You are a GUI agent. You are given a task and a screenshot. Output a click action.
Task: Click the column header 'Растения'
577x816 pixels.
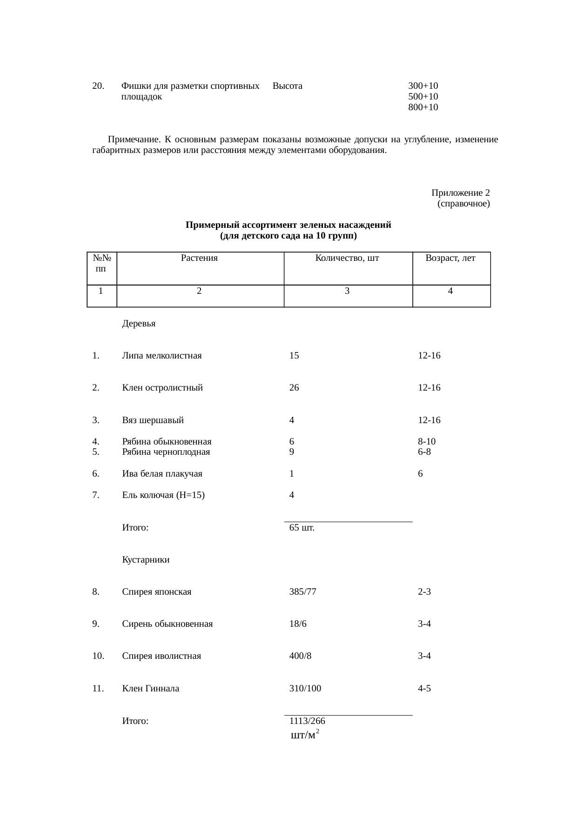[199, 258]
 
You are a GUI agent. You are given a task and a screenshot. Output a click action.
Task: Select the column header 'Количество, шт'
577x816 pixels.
[347, 258]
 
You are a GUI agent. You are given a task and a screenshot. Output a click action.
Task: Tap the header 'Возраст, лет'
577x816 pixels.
[450, 258]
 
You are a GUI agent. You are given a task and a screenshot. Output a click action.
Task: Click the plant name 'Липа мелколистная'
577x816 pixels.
[162, 356]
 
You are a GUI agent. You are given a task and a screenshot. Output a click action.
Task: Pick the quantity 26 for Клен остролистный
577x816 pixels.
[294, 387]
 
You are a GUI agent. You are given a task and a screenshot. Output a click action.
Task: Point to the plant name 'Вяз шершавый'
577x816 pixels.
[153, 420]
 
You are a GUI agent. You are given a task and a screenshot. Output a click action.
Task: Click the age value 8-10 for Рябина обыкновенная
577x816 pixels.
[427, 441]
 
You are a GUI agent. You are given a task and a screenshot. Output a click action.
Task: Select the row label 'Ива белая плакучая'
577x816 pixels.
[162, 474]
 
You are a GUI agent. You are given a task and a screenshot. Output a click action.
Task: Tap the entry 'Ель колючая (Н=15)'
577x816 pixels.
[163, 495]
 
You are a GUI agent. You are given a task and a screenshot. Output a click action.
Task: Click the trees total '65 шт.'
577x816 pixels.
[302, 528]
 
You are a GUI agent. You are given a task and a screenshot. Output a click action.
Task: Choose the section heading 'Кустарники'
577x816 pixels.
[146, 560]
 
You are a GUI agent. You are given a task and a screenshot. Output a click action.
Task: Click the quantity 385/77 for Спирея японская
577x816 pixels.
[302, 592]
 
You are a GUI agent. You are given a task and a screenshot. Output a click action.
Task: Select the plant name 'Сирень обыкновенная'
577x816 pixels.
[167, 624]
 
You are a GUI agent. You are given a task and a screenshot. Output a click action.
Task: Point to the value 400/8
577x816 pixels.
[300, 656]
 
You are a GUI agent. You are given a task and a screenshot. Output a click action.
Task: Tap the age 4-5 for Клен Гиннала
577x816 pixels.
[424, 689]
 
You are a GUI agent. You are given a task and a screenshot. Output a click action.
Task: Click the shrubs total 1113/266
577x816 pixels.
[307, 721]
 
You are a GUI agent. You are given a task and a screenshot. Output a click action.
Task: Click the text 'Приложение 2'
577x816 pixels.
[460, 193]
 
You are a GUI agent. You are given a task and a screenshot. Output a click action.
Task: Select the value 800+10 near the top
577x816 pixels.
[423, 107]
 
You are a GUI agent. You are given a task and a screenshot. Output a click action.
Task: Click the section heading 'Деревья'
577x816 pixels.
[139, 324]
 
